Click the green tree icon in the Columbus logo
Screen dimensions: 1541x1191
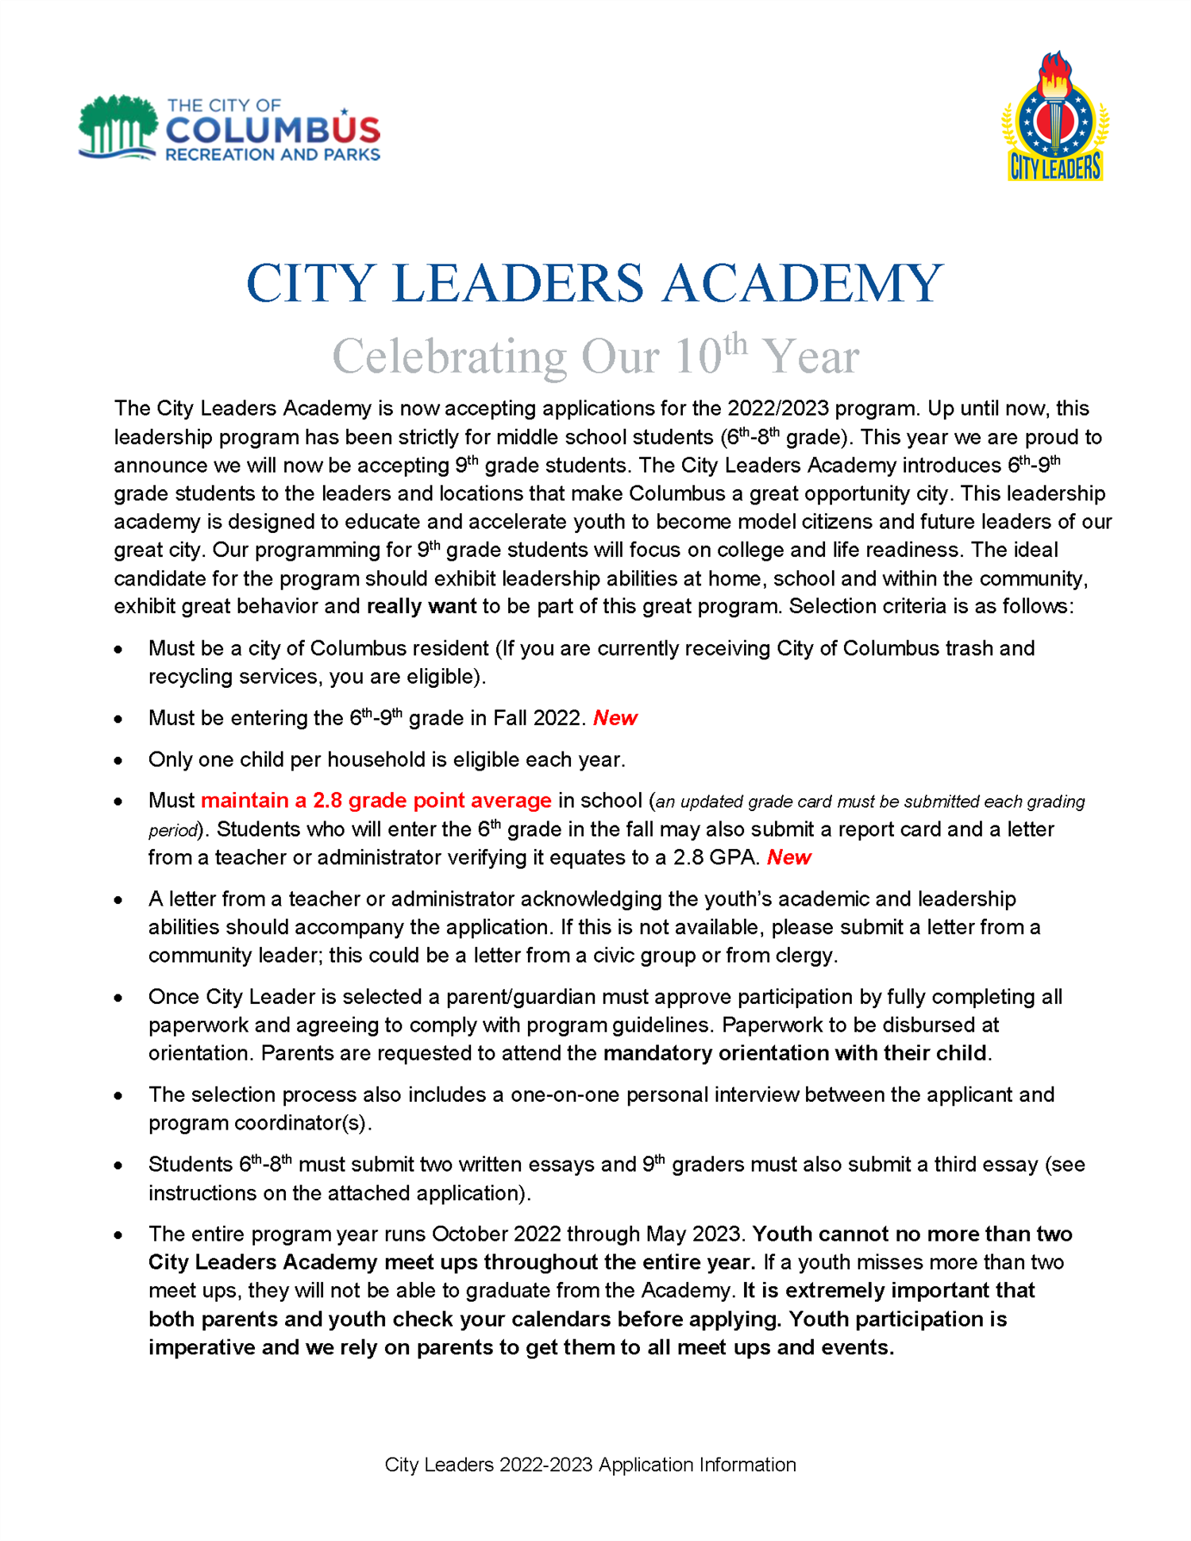coord(118,126)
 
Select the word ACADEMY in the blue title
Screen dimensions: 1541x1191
coord(802,284)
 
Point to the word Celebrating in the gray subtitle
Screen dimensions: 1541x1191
coord(449,357)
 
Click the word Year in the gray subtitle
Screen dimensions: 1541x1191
coord(811,357)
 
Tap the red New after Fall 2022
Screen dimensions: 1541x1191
coord(615,718)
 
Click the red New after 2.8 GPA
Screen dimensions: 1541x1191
coord(789,857)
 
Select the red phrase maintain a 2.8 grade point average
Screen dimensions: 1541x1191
coord(376,801)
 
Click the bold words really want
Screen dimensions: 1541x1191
coord(421,607)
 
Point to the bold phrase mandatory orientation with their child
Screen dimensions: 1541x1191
coord(796,1053)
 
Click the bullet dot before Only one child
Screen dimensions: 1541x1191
coord(118,761)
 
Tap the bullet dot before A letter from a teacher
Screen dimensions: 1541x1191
coord(118,900)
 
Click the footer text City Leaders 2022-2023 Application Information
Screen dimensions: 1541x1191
coord(590,1465)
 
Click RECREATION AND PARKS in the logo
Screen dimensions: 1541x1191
coord(272,155)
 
